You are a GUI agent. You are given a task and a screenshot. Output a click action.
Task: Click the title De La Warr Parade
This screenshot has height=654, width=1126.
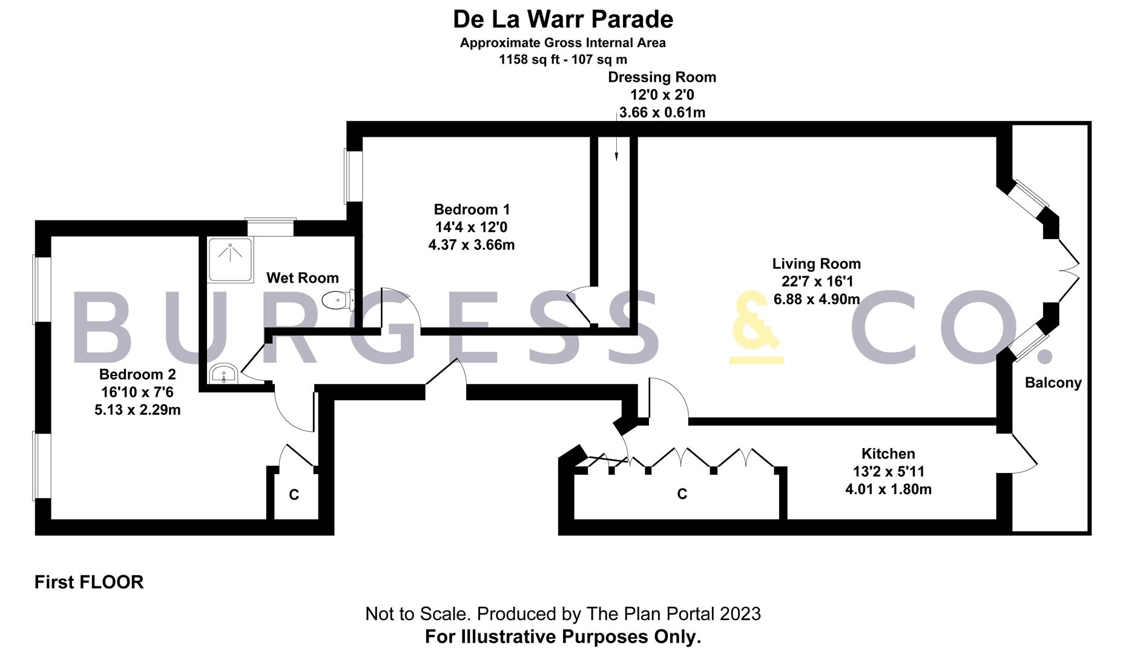[563, 19]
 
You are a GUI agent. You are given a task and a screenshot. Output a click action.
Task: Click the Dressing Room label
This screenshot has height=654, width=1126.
[662, 77]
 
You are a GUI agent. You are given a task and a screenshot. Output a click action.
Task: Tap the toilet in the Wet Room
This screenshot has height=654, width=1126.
[337, 299]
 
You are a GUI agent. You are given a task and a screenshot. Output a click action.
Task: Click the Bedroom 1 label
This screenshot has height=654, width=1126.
[472, 210]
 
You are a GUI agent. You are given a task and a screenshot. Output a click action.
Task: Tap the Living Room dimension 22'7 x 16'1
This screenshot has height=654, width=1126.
[817, 281]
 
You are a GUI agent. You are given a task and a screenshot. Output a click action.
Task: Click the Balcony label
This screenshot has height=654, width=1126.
[1053, 382]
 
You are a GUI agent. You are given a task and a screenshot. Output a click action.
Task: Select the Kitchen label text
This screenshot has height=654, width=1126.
[888, 454]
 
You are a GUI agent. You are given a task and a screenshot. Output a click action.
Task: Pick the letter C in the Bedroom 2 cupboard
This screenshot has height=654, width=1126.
[294, 495]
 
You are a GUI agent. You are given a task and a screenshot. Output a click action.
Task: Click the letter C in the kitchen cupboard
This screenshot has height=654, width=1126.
[682, 494]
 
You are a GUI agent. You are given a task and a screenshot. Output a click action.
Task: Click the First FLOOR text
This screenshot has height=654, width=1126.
[89, 582]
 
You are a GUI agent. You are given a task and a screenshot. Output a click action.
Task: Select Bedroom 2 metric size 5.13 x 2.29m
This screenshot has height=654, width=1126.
[137, 410]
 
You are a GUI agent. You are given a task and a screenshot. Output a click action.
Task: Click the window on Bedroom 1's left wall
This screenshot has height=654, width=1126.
[353, 176]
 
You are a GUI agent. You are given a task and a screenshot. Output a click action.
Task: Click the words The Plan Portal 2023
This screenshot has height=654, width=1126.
[664, 613]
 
